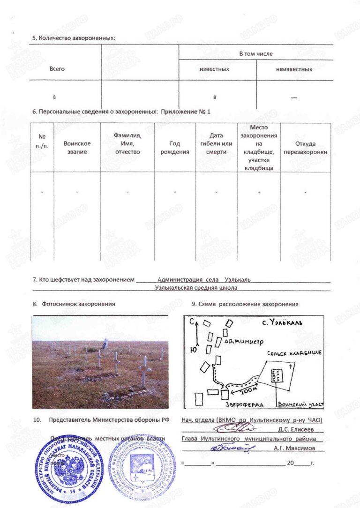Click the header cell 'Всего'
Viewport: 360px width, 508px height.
57,69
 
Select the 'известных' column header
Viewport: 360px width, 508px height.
214,69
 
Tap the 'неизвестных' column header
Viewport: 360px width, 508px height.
294,69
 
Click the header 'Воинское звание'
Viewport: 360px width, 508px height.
77,148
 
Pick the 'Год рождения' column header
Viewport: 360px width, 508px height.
175,148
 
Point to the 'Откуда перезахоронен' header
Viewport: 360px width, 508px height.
306,148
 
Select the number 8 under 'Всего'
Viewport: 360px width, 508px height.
54,97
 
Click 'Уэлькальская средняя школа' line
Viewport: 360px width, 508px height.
196,288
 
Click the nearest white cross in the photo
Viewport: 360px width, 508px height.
144,371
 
